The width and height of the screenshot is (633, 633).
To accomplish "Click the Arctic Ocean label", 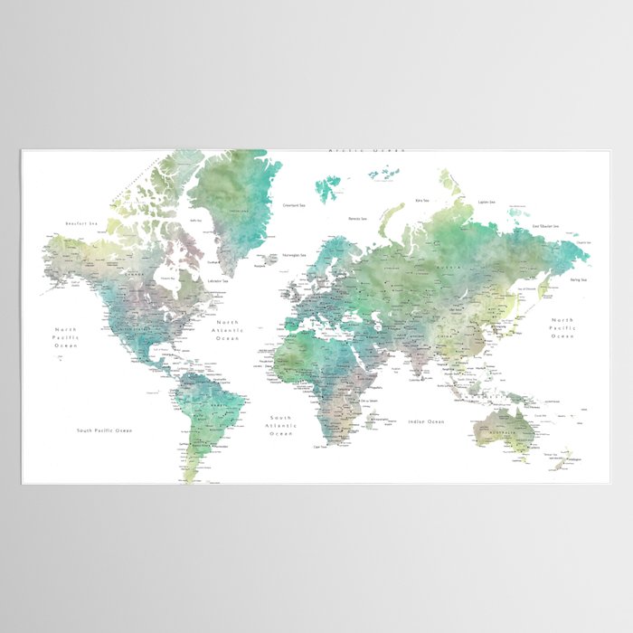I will (365, 151).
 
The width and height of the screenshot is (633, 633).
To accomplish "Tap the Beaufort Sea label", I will (81, 223).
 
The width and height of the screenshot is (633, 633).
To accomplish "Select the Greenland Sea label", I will (296, 205).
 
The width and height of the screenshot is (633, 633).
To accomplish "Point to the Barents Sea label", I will (357, 218).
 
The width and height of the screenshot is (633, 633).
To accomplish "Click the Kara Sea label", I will (421, 200).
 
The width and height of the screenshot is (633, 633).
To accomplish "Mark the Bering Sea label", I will (578, 280).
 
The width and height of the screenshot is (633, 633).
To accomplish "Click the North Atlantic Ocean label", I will (228, 331).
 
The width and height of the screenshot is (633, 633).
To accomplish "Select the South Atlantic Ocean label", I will (281, 425).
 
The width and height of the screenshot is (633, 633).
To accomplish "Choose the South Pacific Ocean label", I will (104, 430).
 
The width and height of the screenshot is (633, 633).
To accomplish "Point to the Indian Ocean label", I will (427, 421).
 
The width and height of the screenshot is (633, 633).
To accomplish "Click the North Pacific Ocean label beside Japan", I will (562, 327).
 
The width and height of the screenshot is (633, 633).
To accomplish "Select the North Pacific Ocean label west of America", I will (67, 336).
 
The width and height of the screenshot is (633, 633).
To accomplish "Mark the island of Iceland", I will (268, 259).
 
